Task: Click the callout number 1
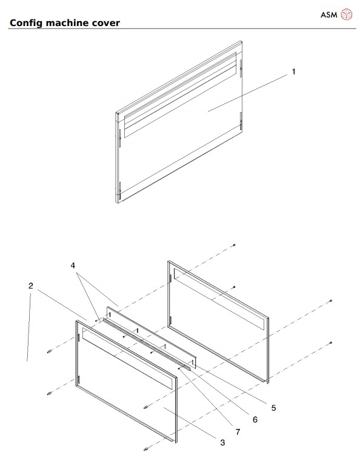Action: (x=293, y=72)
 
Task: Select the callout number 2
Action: (x=30, y=285)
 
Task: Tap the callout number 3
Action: (x=222, y=443)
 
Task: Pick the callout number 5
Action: (x=273, y=408)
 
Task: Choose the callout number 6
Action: (x=255, y=419)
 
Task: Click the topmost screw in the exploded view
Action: (x=234, y=245)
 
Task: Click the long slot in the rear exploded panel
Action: (x=219, y=301)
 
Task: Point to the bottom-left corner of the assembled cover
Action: (x=118, y=201)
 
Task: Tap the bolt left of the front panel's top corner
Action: (x=48, y=351)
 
